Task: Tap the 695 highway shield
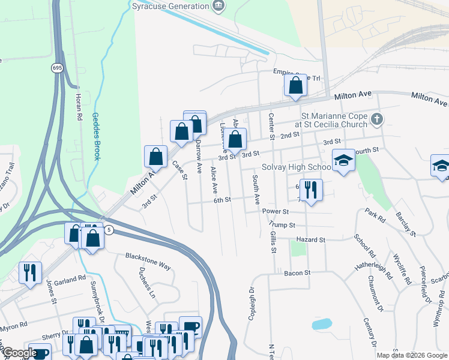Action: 57,68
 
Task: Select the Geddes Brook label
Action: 95,136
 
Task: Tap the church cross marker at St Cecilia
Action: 376,119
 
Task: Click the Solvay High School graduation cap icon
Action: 343,160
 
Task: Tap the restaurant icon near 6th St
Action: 310,190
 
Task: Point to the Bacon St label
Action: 298,272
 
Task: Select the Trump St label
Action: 283,225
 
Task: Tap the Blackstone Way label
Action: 148,256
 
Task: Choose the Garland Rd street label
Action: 70,280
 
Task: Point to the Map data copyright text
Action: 411,355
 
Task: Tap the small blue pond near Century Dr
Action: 322,324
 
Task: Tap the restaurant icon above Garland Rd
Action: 29,272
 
